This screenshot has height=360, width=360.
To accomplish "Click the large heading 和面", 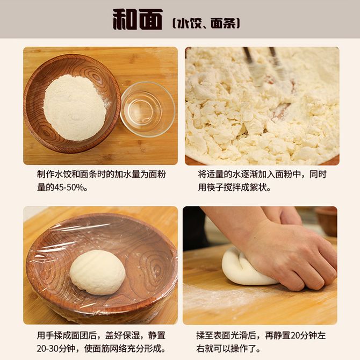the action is pos(138,19).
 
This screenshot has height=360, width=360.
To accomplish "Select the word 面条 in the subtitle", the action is pos(222,23).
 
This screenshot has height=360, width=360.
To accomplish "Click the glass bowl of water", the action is pos(148,109).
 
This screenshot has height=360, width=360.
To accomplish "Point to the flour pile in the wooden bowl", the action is pos(75,107).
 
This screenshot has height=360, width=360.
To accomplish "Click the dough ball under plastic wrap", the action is pos(98,272).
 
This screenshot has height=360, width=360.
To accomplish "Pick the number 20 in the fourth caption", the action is pos(295,335).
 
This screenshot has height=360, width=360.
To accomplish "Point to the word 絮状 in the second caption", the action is pos(258,188).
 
